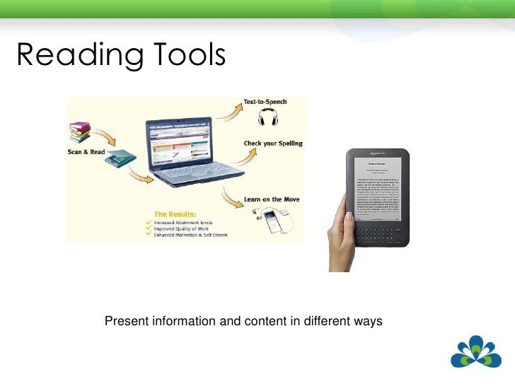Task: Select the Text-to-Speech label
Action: (x=265, y=103)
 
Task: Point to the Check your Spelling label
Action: (x=273, y=144)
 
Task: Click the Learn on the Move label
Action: (x=272, y=199)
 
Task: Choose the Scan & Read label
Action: (x=86, y=151)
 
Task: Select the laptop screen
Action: (x=181, y=146)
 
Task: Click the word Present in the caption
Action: (x=125, y=322)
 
